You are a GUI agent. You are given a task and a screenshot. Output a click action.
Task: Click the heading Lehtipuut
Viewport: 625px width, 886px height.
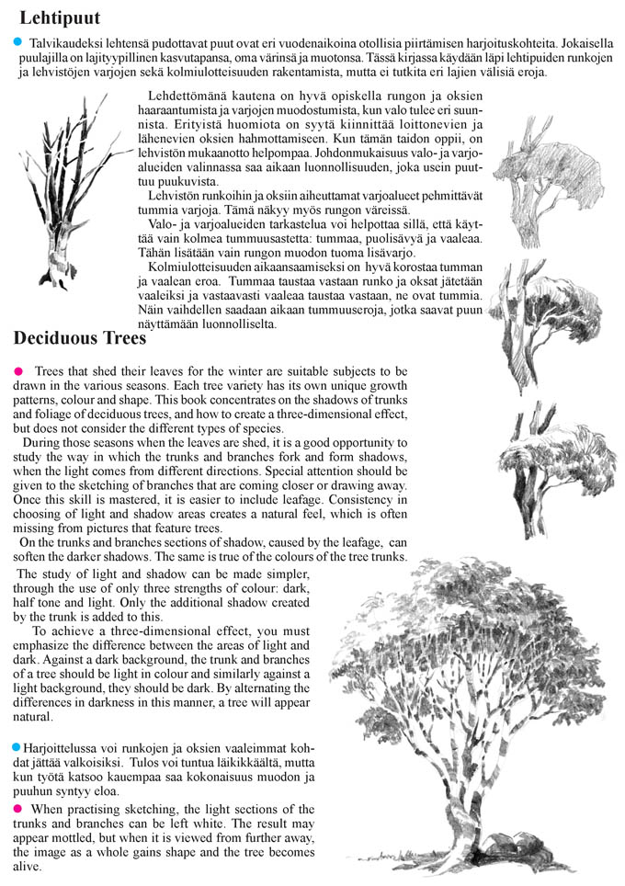coord(60,17)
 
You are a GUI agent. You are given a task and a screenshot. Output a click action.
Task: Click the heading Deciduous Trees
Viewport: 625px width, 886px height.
coord(80,338)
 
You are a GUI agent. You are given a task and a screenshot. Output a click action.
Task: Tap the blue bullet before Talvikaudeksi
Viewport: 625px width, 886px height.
coord(17,43)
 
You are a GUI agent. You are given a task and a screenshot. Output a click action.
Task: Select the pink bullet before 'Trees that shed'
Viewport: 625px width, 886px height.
coord(18,369)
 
